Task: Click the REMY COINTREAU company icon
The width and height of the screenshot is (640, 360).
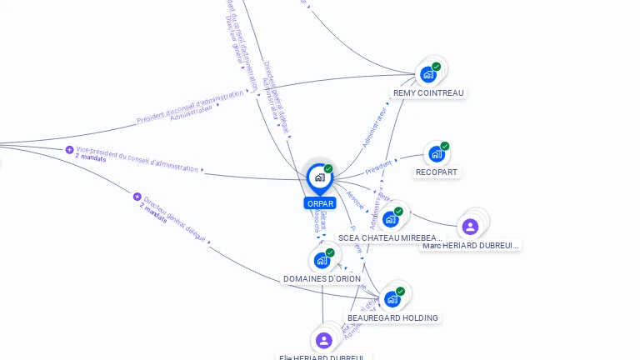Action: pos(428,74)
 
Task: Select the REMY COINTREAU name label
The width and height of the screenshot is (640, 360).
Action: pos(428,93)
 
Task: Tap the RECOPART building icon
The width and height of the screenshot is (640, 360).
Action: pos(436,154)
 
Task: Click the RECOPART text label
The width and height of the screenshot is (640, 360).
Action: pos(437,172)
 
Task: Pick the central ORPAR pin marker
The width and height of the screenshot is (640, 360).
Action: pos(319,177)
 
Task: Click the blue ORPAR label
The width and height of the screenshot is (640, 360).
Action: pos(320,203)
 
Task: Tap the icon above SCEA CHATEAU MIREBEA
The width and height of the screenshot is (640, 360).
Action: pos(390,219)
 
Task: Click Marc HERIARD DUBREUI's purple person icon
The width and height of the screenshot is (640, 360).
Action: pos(470,226)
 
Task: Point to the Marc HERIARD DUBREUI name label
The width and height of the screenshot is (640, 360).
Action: pos(470,245)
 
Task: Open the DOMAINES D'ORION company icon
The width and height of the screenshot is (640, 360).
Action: pos(322,260)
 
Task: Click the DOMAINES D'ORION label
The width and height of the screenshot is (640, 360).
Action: pos(322,279)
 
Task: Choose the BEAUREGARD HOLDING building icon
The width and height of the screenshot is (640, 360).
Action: pos(392,299)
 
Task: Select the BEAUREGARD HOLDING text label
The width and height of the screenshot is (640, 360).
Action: pos(392,317)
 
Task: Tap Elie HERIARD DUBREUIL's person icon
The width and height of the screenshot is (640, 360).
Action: pos(323,340)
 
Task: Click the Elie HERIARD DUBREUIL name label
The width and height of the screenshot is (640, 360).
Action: pos(323,357)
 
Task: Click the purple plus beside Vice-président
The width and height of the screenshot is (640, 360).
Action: pos(69,150)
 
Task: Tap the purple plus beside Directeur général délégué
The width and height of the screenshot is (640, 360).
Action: pos(137,197)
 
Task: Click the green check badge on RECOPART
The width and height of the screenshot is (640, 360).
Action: pos(445,146)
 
